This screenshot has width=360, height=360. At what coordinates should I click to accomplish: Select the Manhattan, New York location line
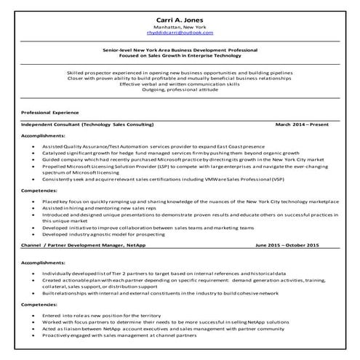(x=180, y=27)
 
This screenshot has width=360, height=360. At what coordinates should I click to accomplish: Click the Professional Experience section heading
(x=49, y=113)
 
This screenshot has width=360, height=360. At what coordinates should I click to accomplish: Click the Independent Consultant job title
(x=87, y=124)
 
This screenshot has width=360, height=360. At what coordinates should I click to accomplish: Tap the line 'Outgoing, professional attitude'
(x=180, y=90)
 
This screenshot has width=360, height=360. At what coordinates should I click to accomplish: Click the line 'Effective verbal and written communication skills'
(x=180, y=84)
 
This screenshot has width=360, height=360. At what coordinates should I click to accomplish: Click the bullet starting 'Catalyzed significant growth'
(x=160, y=153)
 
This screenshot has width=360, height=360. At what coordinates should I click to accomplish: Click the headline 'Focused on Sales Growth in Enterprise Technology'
(x=180, y=56)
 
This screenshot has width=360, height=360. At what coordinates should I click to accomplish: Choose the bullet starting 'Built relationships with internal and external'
(x=160, y=292)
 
